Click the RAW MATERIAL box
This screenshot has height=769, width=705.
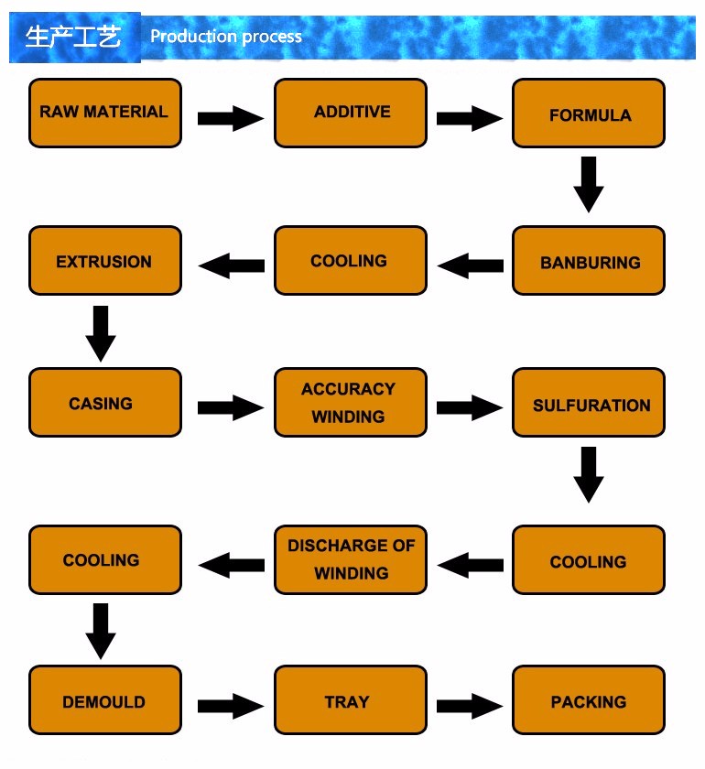tap(105, 113)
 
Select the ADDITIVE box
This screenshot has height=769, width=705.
tap(351, 113)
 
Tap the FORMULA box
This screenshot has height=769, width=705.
tap(589, 113)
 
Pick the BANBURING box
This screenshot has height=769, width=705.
tap(589, 260)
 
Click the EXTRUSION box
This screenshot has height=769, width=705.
tap(105, 260)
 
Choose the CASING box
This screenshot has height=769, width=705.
tap(105, 402)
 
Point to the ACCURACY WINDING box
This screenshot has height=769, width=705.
tap(351, 402)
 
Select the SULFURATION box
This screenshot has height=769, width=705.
tap(589, 402)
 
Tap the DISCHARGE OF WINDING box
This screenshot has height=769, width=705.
tap(351, 559)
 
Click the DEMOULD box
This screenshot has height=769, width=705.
tap(105, 699)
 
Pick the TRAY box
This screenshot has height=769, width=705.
tap(351, 699)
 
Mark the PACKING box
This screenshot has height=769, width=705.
tap(589, 699)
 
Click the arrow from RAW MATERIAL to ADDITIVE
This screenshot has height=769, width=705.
tap(231, 118)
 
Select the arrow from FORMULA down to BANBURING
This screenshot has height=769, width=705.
tap(589, 184)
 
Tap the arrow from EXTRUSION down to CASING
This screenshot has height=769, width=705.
tap(101, 334)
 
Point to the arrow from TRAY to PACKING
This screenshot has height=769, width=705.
tap(470, 706)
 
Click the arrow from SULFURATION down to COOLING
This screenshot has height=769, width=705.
tap(589, 475)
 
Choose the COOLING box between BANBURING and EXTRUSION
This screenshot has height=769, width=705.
tap(351, 260)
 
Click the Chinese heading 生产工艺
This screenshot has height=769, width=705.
tap(73, 37)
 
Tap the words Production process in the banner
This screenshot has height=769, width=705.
tap(226, 37)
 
